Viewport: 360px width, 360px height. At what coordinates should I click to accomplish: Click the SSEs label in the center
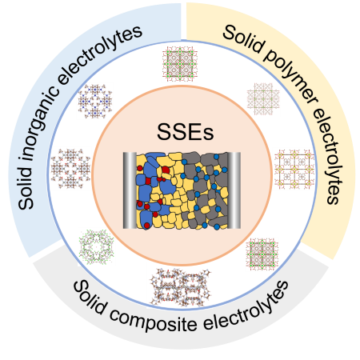pos(185,132)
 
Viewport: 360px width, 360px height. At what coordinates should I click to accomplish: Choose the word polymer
pos(291,78)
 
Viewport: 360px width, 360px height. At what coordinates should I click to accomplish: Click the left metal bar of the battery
pos(130,190)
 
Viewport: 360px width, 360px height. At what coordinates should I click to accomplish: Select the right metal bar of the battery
pos(234,190)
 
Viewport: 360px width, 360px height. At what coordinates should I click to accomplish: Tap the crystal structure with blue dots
pos(95,102)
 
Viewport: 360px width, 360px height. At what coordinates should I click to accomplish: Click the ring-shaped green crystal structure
pos(96,246)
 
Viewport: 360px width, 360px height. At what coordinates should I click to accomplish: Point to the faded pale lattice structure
pos(263,99)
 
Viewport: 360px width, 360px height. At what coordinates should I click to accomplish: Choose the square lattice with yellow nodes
pos(294,169)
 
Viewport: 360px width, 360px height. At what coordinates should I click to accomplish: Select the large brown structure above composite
pos(181,287)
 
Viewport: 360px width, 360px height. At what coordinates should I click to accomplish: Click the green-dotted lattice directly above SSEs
pos(180,64)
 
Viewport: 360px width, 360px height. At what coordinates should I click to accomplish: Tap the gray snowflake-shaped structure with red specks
pos(70,169)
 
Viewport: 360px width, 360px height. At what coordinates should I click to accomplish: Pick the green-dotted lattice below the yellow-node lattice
pos(262,254)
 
